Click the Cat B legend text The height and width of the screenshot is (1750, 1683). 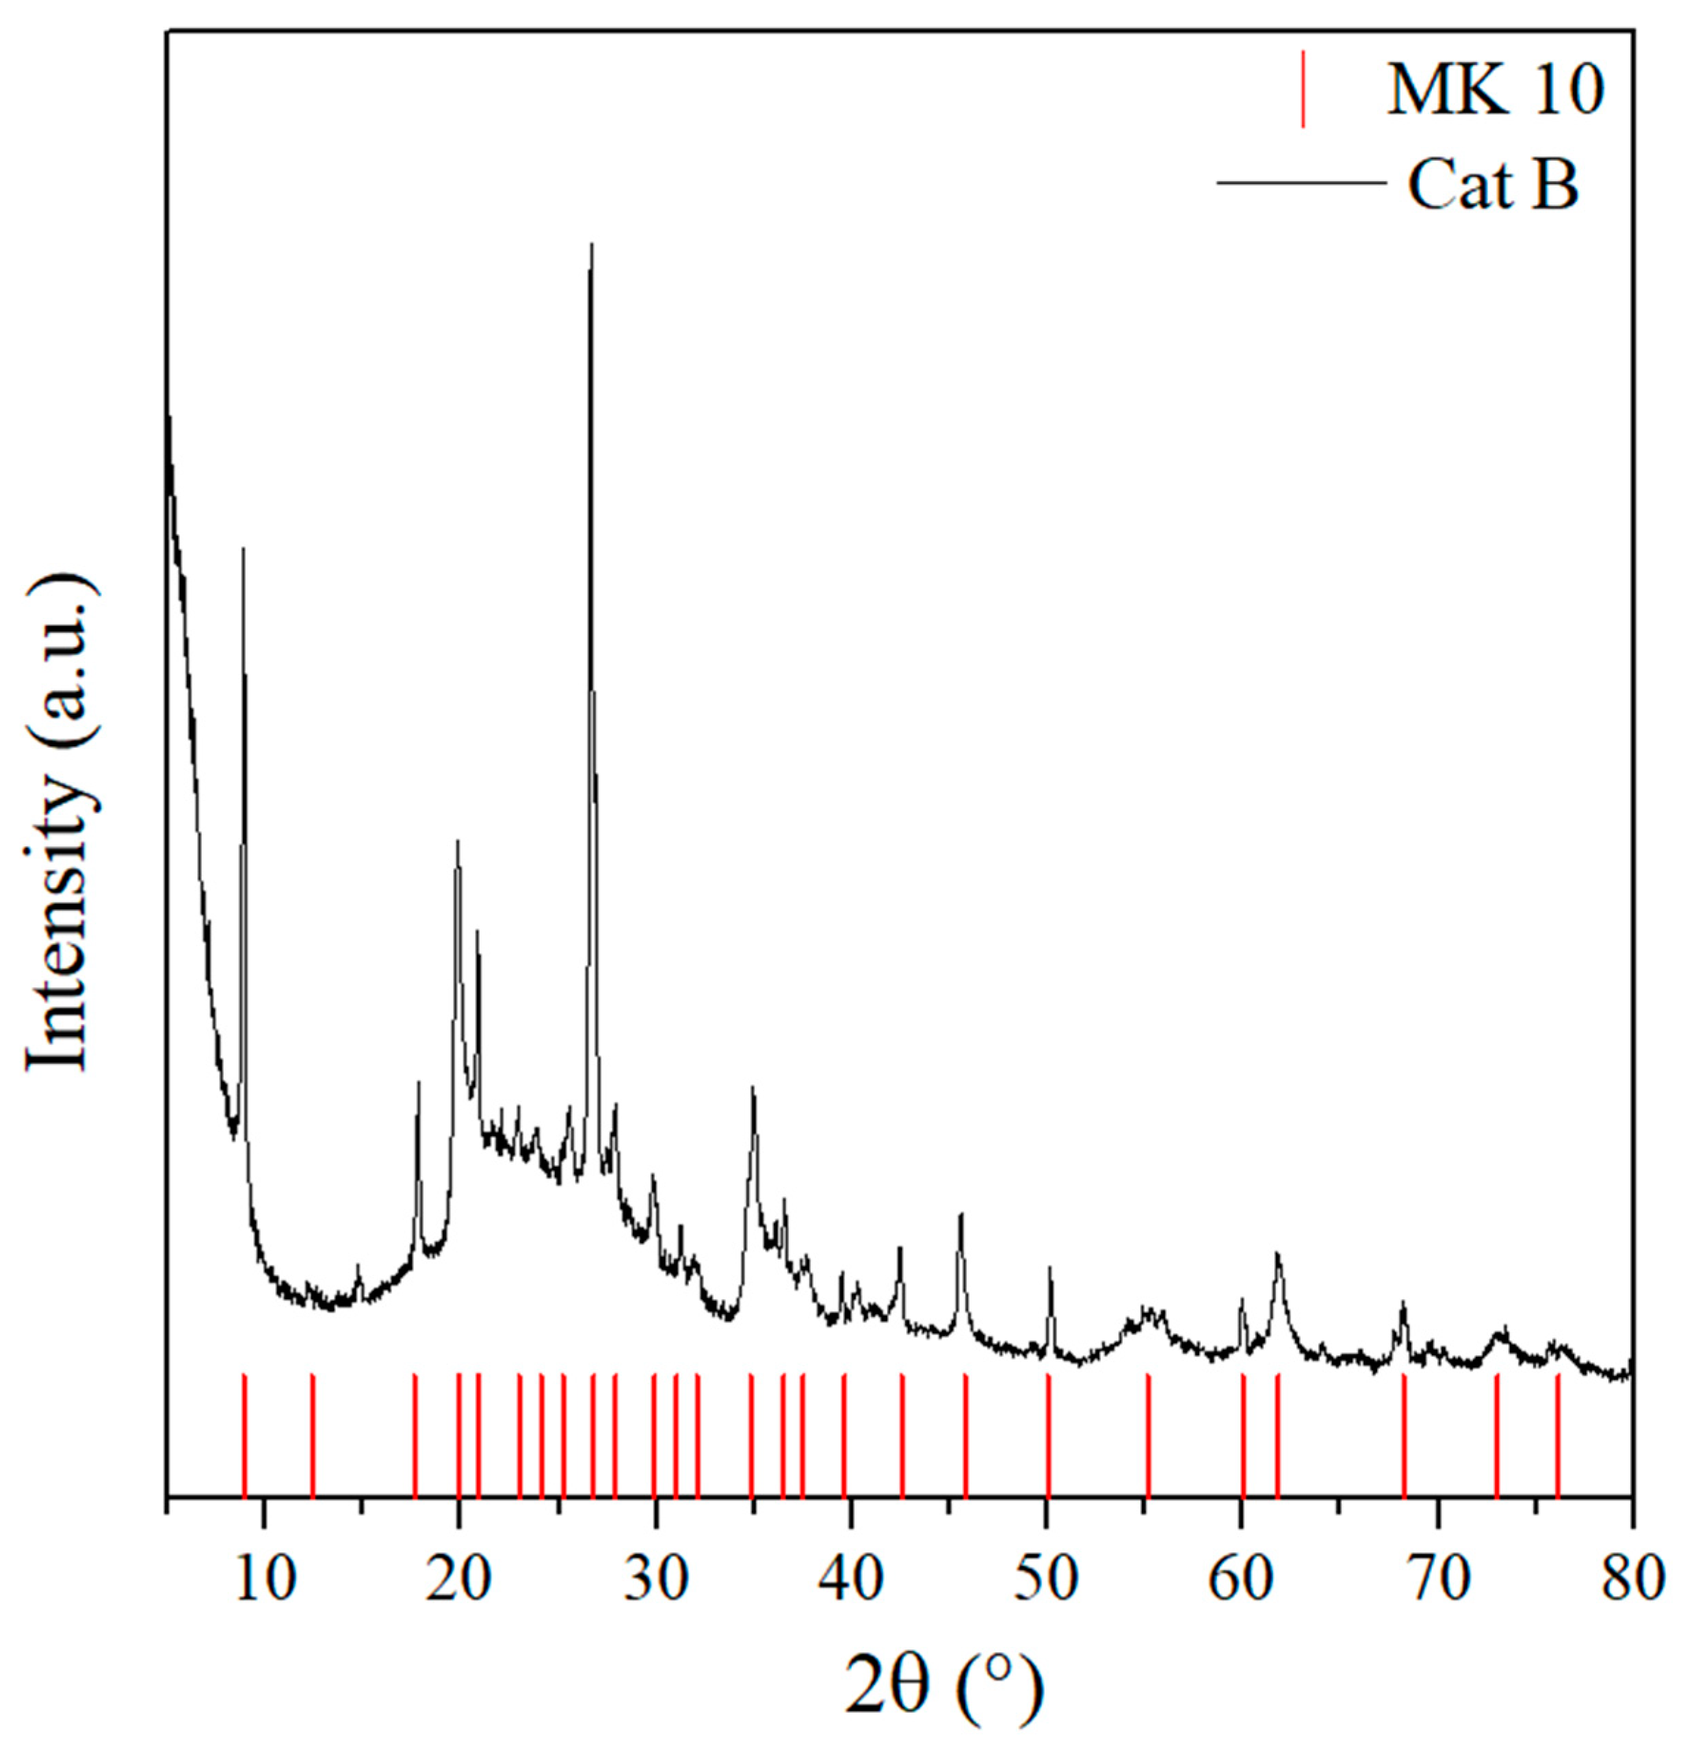click(x=1493, y=185)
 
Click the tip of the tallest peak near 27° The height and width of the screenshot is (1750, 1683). click(x=591, y=244)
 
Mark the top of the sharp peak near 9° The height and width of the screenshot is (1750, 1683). click(x=244, y=549)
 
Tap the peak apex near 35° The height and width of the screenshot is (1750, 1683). click(x=753, y=1088)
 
